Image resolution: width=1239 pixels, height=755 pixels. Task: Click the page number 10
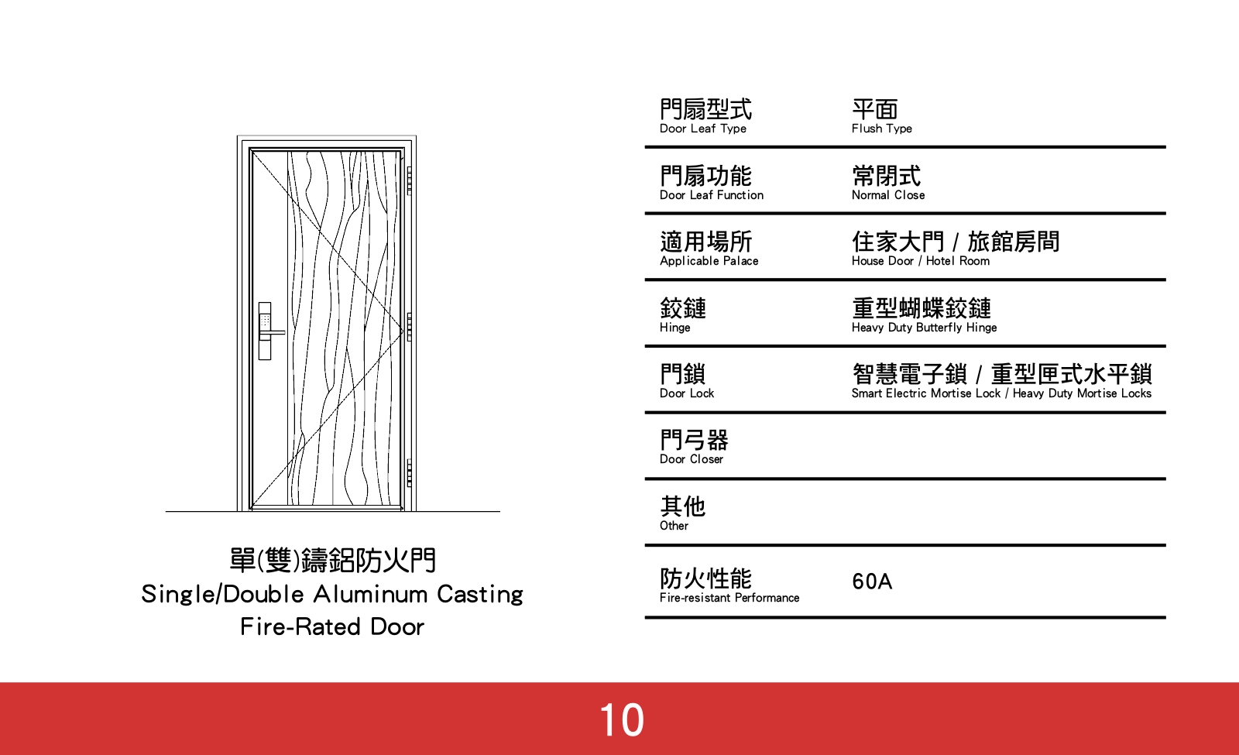pos(621,720)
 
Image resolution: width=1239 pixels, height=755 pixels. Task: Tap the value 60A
pos(872,582)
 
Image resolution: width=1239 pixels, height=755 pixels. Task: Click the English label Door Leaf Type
pos(702,129)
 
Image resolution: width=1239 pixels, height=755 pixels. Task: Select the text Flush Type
pos(881,129)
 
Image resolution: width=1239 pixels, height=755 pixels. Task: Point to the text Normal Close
pos(887,195)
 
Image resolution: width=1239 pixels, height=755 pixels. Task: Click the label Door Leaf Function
pos(711,195)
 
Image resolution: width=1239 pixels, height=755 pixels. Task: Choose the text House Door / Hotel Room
pos(920,261)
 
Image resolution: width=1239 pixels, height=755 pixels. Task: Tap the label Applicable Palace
pos(709,261)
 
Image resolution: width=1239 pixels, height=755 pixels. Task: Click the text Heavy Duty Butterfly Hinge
pos(924,328)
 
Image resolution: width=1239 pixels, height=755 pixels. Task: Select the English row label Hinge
pos(674,328)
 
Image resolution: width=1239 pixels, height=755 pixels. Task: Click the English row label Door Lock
pos(686,393)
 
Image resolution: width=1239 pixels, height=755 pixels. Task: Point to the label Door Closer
pos(691,459)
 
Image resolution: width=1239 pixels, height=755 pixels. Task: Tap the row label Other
pos(674,526)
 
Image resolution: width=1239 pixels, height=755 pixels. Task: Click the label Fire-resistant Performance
pos(729,598)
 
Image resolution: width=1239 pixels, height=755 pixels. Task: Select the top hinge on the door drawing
pos(410,180)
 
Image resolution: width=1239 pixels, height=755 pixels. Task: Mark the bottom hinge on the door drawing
pos(410,472)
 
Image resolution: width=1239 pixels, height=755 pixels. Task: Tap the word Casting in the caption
pos(479,594)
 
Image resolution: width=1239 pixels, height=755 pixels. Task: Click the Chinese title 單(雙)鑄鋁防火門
pos(332,560)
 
